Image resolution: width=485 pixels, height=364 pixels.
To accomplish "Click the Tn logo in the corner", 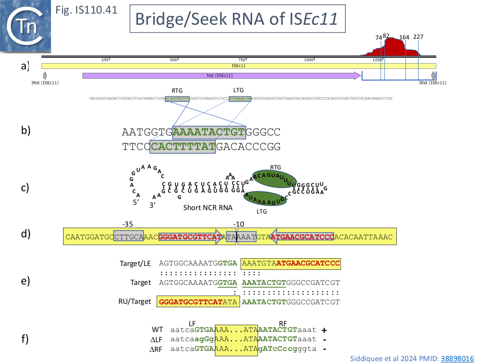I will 26,27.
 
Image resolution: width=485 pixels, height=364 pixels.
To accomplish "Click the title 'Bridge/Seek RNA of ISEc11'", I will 237,19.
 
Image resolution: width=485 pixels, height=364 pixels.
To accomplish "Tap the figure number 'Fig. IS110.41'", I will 87,10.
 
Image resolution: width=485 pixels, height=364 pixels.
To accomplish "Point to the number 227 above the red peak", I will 418,37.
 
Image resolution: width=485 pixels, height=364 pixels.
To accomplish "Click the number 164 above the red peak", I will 404,37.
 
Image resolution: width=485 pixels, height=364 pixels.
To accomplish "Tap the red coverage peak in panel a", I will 393,49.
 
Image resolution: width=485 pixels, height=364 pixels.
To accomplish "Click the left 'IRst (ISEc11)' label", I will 45,83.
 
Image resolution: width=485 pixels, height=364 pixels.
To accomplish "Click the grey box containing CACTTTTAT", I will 182,147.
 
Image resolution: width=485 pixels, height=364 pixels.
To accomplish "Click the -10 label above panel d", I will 238,224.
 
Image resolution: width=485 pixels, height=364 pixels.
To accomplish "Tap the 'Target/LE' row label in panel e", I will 135,264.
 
